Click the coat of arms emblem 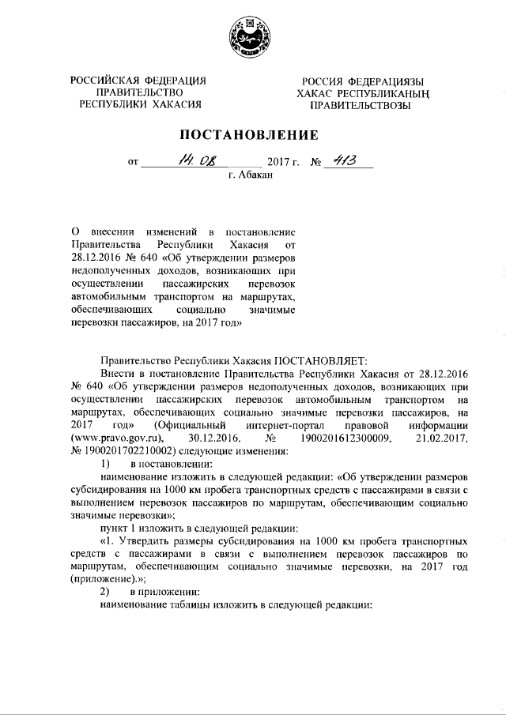[252, 38]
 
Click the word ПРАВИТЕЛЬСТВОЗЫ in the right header [360, 104]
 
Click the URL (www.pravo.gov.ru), [118, 436]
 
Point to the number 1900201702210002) [142, 449]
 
